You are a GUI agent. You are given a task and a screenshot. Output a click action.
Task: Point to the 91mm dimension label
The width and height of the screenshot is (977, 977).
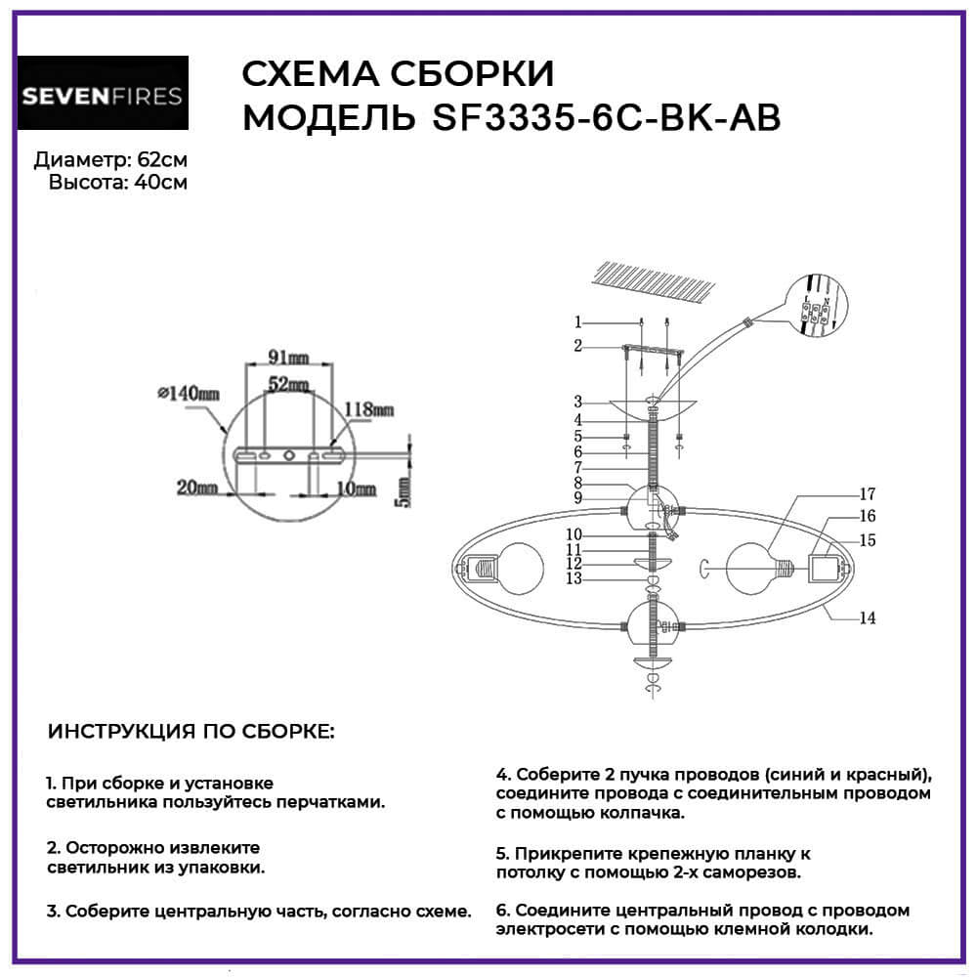tap(288, 356)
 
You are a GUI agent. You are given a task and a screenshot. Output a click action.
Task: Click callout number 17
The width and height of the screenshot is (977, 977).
tap(867, 493)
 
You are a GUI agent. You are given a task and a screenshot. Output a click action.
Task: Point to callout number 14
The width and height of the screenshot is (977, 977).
tap(867, 617)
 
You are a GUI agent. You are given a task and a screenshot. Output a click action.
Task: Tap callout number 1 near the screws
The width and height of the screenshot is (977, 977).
tap(578, 321)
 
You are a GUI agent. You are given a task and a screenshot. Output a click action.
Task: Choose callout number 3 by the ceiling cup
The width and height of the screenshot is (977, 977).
tap(578, 401)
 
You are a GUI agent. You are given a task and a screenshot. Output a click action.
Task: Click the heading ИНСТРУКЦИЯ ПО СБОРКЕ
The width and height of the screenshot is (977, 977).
tap(191, 732)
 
